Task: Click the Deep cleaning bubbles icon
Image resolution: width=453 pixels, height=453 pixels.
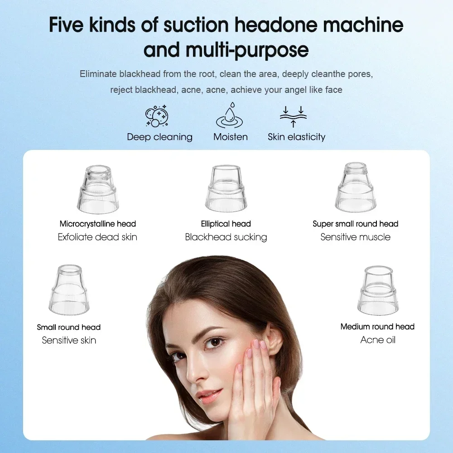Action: [x=157, y=117]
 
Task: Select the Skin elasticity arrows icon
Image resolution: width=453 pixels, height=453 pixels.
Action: [x=293, y=117]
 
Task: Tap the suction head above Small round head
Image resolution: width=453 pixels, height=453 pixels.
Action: [x=69, y=290]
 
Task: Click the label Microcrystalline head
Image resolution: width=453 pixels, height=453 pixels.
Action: [x=97, y=224]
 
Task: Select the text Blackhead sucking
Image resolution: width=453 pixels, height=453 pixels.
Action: [x=226, y=237]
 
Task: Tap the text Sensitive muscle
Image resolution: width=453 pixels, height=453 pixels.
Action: [x=355, y=237]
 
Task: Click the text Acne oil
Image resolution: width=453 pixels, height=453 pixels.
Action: [x=378, y=340]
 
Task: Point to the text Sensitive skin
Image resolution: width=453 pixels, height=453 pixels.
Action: [x=69, y=340]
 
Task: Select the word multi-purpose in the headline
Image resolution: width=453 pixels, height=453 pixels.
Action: [x=247, y=50]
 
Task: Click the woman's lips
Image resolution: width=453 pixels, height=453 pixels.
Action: [x=209, y=395]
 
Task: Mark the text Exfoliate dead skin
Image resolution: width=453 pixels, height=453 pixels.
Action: [x=97, y=237]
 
